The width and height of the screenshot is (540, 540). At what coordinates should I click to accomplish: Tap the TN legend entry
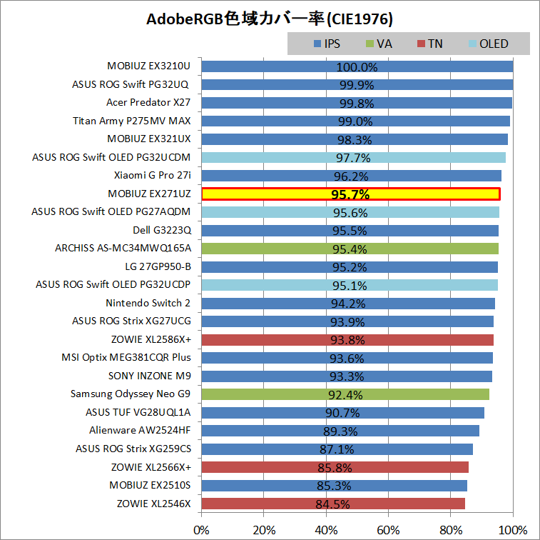(x=434, y=44)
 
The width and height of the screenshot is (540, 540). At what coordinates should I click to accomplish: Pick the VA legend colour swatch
(x=370, y=44)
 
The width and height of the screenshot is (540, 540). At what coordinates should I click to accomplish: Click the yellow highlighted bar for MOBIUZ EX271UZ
(x=350, y=194)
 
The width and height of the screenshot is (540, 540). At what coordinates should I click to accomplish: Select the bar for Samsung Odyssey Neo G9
(x=345, y=394)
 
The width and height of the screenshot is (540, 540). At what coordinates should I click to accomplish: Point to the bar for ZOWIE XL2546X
(x=333, y=504)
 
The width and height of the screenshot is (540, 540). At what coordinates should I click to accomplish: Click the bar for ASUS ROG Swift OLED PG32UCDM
(x=353, y=157)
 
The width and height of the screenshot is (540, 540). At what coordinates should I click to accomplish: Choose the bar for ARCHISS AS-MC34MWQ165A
(x=350, y=249)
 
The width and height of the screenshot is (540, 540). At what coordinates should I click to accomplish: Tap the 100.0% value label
(x=357, y=67)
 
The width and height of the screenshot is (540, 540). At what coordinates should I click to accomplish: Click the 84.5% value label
(x=334, y=504)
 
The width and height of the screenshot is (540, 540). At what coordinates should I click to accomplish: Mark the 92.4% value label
(x=345, y=395)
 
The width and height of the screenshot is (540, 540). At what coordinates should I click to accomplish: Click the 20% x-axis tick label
(x=264, y=530)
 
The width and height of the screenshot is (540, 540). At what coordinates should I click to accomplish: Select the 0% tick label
(x=202, y=530)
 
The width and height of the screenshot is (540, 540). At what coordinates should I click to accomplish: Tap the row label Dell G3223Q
(x=161, y=230)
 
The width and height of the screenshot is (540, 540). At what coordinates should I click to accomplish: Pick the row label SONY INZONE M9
(x=149, y=376)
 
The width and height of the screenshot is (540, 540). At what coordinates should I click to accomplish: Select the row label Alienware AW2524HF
(x=140, y=431)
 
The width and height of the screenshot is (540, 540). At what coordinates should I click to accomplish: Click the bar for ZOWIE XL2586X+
(x=347, y=339)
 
